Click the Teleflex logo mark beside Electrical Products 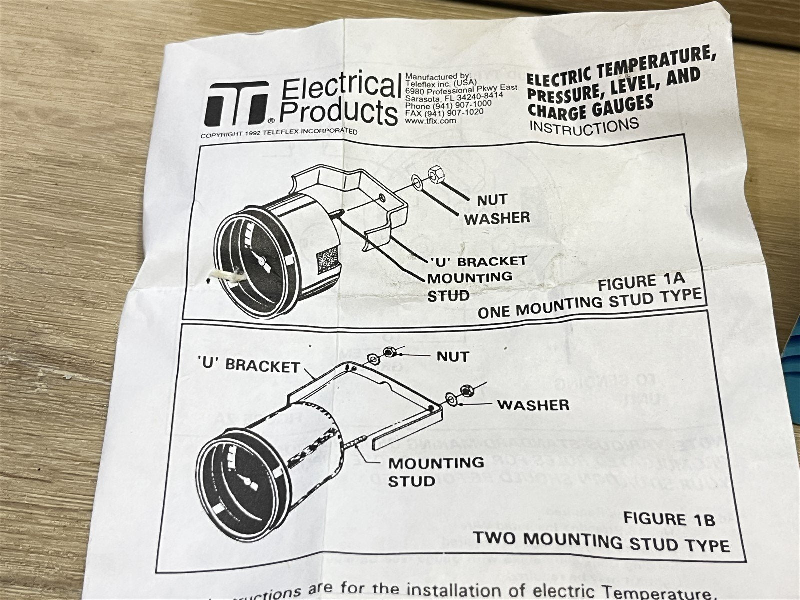[237, 104]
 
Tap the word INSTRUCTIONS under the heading [583, 125]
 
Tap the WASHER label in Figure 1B [533, 405]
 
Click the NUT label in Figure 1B [453, 356]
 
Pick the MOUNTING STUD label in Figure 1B [436, 472]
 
